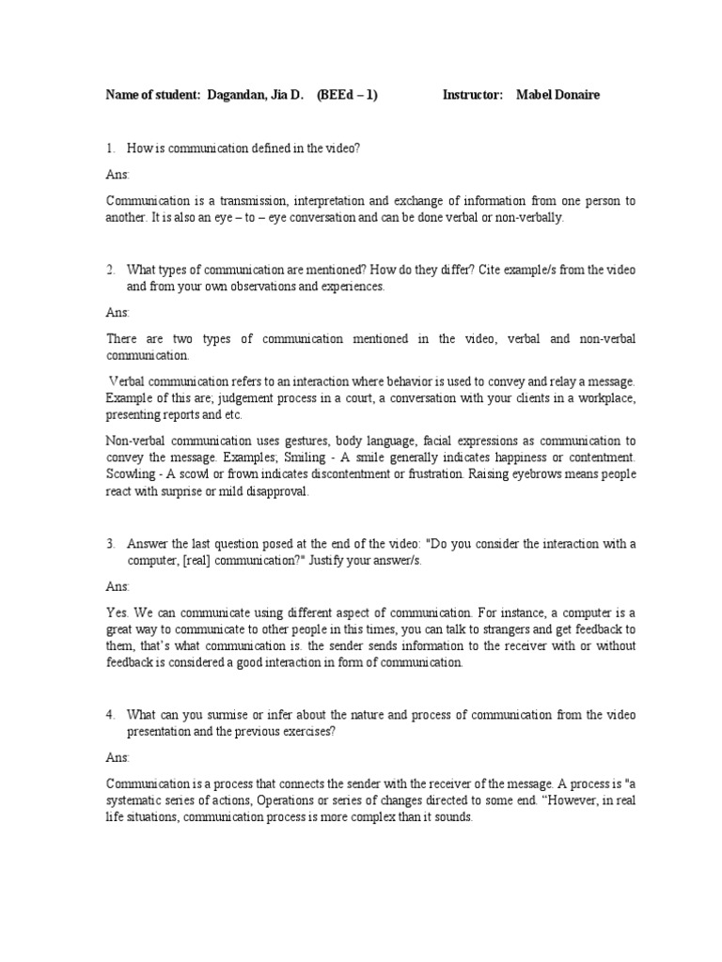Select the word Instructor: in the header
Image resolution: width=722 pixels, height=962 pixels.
pyautogui.click(x=473, y=96)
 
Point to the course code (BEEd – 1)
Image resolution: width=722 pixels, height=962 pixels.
pyautogui.click(x=347, y=96)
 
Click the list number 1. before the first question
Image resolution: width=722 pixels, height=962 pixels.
pyautogui.click(x=110, y=147)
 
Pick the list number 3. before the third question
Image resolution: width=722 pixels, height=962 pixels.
pyautogui.click(x=110, y=544)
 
